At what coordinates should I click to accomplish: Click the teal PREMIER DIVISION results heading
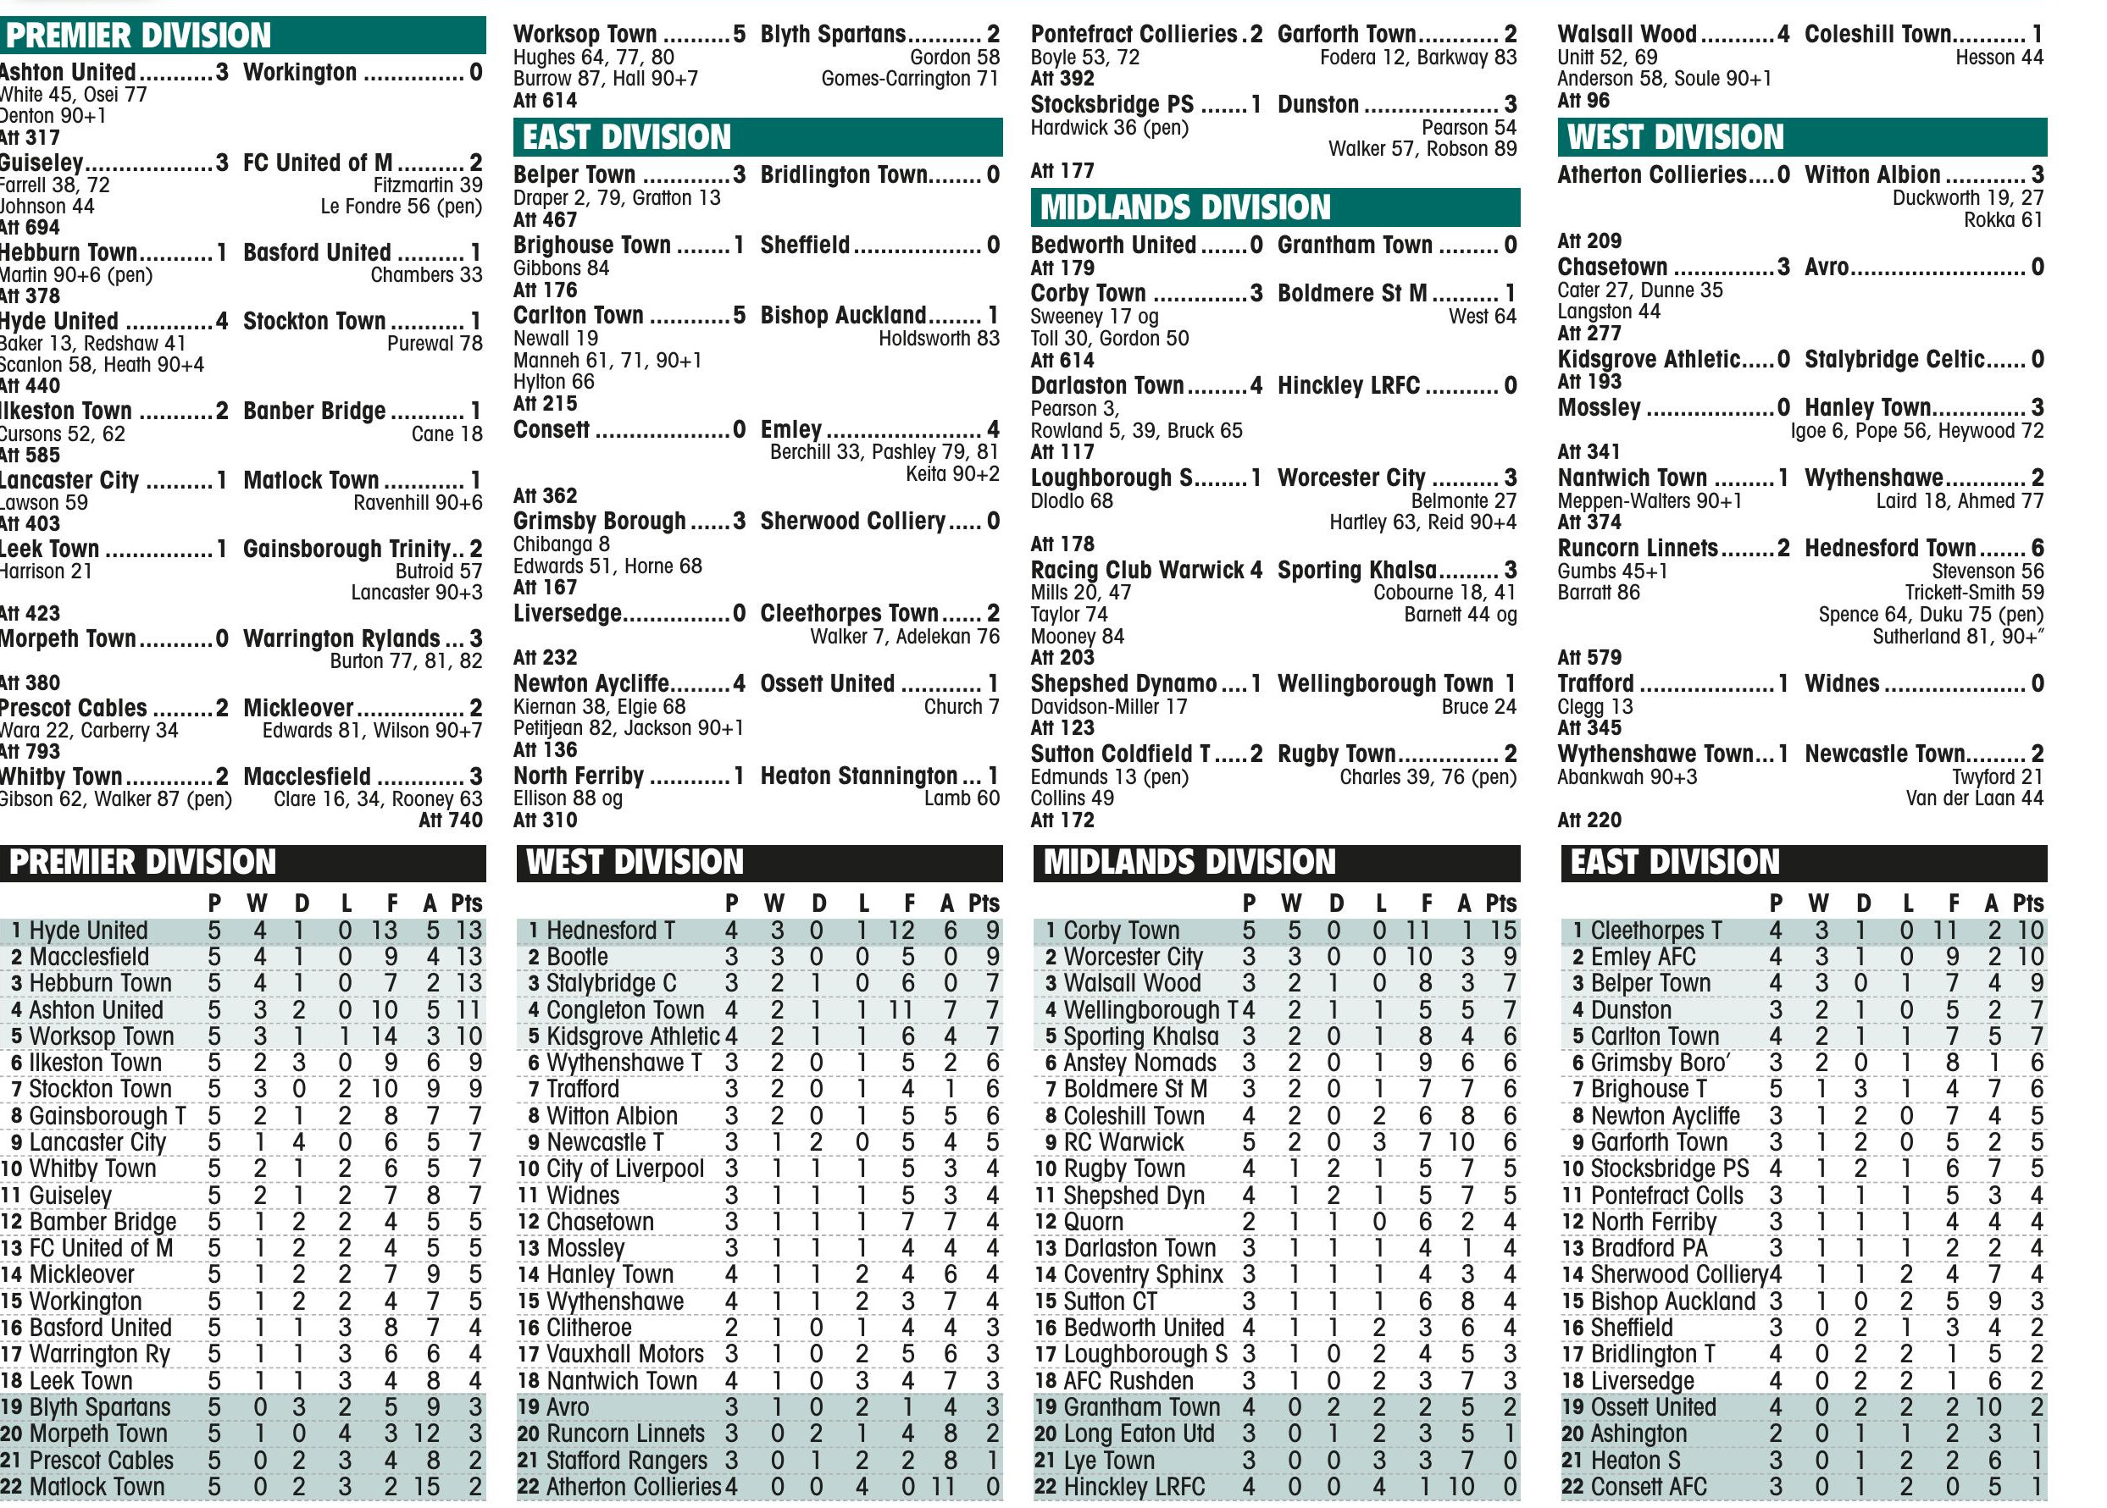point(139,36)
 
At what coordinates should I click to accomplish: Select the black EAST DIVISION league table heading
point(1675,862)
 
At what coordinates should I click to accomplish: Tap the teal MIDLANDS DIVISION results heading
point(1185,207)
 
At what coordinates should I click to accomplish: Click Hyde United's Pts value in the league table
point(469,931)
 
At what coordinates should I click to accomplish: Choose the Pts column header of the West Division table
point(984,903)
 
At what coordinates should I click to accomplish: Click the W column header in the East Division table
point(1818,903)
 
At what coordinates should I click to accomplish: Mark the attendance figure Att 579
point(1589,657)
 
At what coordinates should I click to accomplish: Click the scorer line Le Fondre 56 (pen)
point(401,206)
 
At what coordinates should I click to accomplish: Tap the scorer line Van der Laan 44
point(1974,798)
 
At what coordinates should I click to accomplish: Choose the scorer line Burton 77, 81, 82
point(406,661)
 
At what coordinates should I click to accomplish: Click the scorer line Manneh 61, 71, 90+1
point(607,361)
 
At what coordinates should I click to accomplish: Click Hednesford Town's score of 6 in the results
point(2038,548)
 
